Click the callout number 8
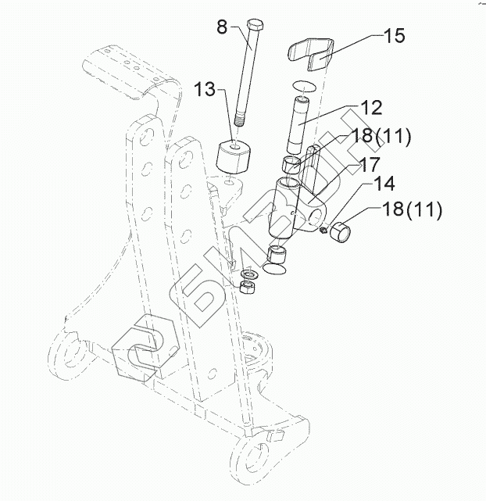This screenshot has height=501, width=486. tap(221, 28)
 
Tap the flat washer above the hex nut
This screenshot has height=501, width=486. tap(249, 274)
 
